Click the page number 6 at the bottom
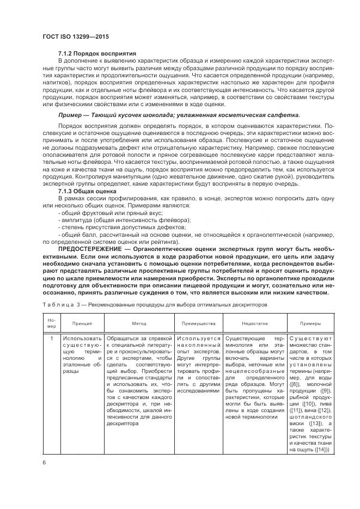point(44,462)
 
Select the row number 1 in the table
point(51,339)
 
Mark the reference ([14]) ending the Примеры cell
point(321,450)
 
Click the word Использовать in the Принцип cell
point(83,339)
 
